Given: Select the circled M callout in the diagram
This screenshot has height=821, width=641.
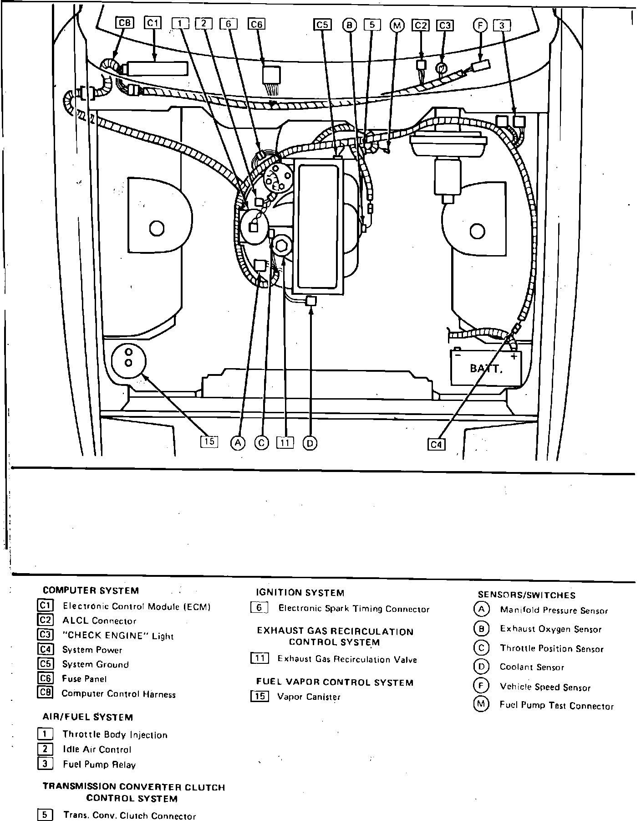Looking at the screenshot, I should click(x=397, y=25).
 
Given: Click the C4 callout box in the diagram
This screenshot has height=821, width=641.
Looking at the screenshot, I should click(x=436, y=444).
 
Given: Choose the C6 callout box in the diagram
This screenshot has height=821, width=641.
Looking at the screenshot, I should click(x=257, y=24).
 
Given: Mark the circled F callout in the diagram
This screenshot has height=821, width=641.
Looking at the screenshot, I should click(x=480, y=25).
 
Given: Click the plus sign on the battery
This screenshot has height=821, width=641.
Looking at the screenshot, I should click(x=514, y=356).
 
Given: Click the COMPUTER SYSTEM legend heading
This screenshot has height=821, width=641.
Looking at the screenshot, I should click(x=91, y=590).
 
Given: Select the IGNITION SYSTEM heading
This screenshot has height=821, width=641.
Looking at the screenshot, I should click(x=300, y=593).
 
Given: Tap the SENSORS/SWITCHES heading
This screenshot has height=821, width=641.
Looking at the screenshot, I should click(x=526, y=595).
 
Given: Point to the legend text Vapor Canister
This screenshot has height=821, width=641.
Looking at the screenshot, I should click(x=309, y=697).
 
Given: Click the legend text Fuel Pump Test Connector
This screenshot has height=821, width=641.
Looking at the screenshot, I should click(x=556, y=706).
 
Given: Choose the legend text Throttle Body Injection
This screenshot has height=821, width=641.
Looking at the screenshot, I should click(x=115, y=734).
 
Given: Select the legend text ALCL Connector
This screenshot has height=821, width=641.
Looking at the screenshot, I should click(x=99, y=621).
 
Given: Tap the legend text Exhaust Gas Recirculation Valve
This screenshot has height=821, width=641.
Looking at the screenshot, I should click(x=347, y=659).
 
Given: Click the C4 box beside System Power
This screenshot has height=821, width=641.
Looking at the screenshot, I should click(x=46, y=649).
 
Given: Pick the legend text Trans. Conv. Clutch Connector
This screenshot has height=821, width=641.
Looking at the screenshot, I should click(x=129, y=816).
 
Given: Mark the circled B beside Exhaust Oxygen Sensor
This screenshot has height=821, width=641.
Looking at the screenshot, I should click(x=481, y=629).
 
